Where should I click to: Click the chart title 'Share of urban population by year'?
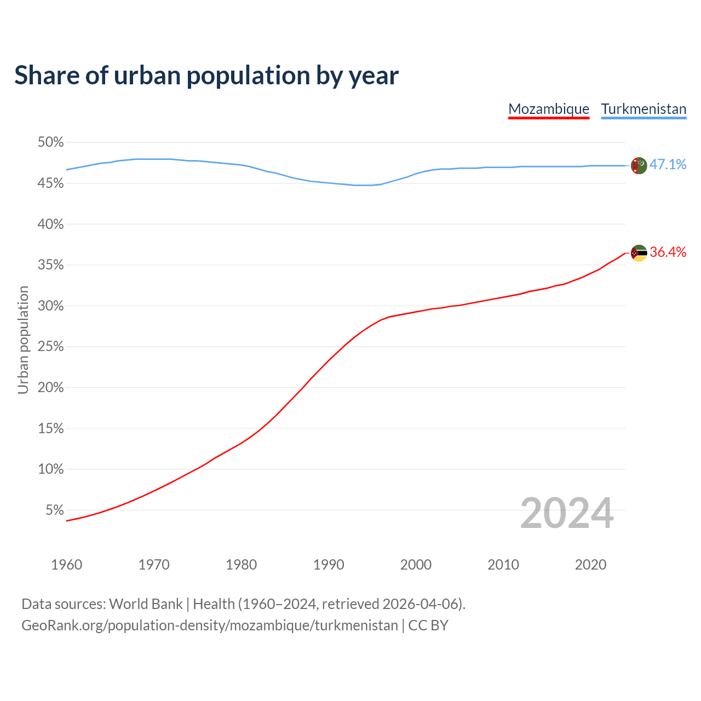click(206, 76)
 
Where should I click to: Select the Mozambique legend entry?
click(549, 109)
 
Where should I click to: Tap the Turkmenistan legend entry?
click(643, 109)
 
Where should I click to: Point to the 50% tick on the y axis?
click(51, 142)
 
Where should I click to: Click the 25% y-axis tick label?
click(51, 347)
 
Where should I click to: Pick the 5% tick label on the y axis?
click(55, 510)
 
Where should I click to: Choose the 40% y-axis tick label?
click(51, 225)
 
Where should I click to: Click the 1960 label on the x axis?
click(67, 565)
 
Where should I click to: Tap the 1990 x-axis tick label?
click(329, 565)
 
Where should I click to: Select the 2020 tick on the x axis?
click(590, 565)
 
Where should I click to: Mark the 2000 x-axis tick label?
click(416, 565)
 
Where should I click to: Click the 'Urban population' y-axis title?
click(23, 340)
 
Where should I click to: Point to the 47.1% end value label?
click(668, 164)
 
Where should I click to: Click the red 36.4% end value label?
click(668, 252)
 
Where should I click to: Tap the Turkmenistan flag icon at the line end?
click(639, 165)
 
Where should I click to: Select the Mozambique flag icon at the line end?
click(639, 253)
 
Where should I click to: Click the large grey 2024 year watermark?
click(566, 513)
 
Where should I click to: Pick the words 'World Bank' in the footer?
click(146, 604)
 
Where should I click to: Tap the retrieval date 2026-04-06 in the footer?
click(420, 604)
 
